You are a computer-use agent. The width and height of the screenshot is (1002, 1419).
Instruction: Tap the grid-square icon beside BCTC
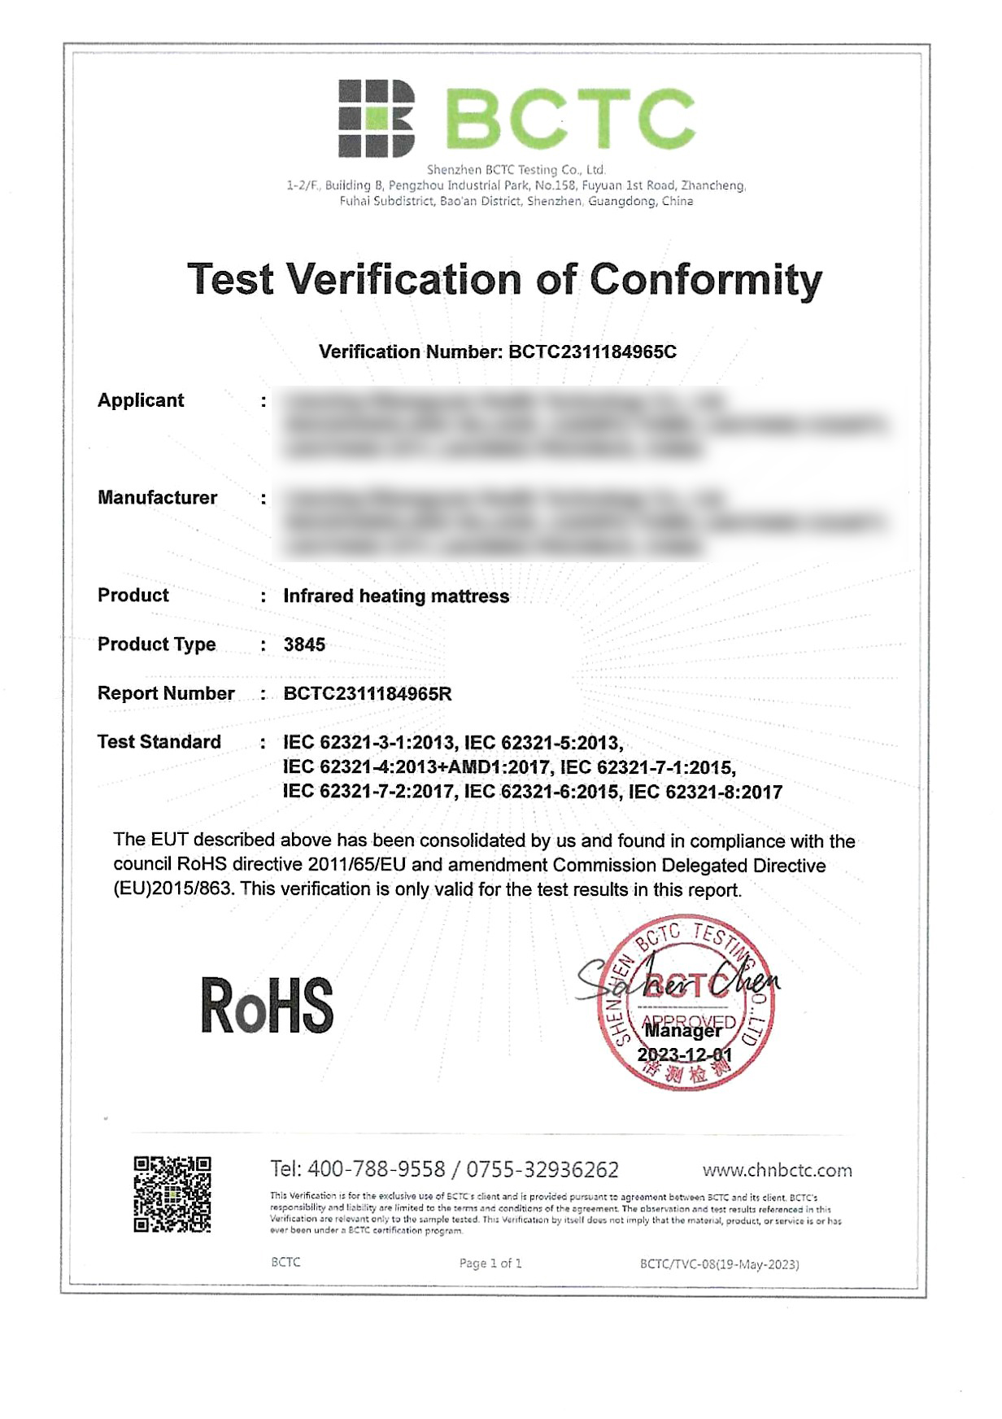[376, 118]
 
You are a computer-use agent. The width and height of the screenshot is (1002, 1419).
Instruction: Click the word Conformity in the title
[705, 279]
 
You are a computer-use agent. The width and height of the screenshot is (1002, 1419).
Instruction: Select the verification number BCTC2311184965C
[592, 351]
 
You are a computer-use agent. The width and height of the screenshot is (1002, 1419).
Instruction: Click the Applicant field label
[141, 400]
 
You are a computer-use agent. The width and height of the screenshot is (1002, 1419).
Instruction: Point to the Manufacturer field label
[157, 498]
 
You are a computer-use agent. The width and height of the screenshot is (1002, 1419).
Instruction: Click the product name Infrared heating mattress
[396, 596]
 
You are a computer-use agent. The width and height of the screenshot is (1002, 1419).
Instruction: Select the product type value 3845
[304, 644]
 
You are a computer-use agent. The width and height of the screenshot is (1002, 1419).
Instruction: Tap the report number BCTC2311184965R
[367, 693]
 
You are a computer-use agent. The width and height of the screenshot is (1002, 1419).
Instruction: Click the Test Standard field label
[159, 742]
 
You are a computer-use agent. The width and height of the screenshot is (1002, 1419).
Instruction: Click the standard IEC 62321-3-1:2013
[368, 743]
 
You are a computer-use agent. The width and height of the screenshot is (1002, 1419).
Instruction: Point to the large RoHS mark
[267, 1006]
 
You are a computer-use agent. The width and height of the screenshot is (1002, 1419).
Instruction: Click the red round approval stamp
[685, 1002]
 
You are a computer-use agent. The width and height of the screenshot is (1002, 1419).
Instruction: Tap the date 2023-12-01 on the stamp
[684, 1054]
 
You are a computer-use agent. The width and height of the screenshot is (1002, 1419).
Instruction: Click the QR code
[172, 1194]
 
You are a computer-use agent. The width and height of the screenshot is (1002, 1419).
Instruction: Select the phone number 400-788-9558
[377, 1169]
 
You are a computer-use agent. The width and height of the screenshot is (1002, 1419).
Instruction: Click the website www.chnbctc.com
[777, 1170]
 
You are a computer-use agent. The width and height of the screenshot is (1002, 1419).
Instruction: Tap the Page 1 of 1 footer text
[490, 1263]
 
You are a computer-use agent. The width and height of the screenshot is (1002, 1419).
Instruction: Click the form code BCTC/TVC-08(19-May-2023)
[719, 1264]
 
